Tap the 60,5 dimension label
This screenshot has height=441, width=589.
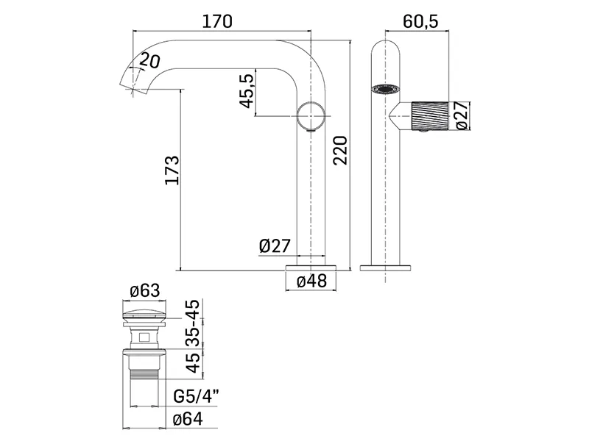point(420,21)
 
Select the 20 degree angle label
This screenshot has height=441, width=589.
point(150,60)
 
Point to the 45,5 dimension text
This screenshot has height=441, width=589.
point(247,90)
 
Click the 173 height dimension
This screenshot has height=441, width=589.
point(172,170)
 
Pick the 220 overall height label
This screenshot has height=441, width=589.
point(341,151)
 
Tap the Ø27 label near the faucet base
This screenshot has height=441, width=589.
point(275,246)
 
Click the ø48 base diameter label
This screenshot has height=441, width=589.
point(311,281)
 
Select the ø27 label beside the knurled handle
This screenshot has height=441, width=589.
point(462,115)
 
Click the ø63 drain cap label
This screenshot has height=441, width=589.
point(144,290)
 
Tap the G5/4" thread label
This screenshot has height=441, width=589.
point(196,396)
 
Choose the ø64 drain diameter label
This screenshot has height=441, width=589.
point(188,419)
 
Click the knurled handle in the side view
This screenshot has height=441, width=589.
point(430,115)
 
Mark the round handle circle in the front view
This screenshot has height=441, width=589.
point(311,115)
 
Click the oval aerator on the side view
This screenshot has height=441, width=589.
point(384,89)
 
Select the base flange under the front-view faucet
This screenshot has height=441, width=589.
point(311,268)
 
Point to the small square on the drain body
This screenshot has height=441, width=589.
point(144,337)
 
